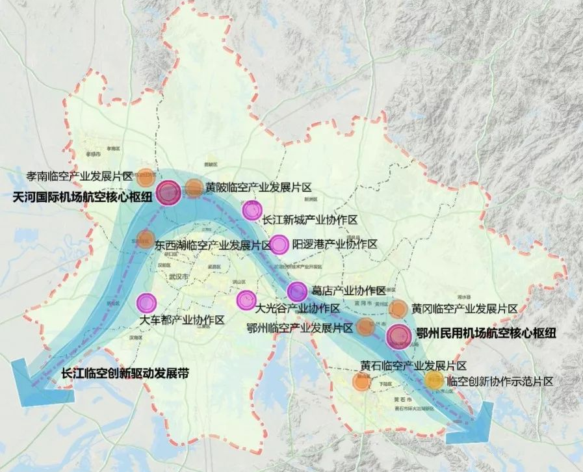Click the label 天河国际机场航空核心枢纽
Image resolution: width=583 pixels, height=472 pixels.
point(81,196)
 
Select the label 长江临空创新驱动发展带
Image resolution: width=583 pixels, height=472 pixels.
point(125,374)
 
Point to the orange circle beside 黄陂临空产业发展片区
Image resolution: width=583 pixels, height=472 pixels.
point(194,189)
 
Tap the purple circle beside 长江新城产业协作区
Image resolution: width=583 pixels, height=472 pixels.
point(251,211)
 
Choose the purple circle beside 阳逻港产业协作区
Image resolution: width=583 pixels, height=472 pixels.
point(279,244)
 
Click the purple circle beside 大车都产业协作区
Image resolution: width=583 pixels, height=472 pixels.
point(146,302)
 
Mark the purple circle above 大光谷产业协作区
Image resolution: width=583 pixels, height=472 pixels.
point(246,299)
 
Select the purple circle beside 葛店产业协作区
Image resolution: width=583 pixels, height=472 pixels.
point(297,291)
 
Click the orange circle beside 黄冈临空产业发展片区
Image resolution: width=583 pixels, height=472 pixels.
point(398,309)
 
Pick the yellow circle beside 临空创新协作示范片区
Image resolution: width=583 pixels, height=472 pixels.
point(434,381)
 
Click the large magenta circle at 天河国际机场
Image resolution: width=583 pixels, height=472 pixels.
point(168,194)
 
